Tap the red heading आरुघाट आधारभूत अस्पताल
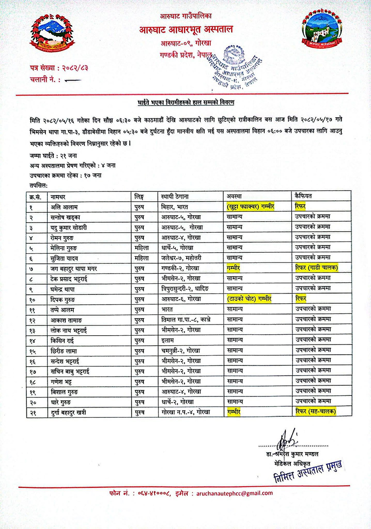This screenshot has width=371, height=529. click(186, 30)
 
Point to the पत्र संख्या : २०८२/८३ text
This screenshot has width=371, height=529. click(58, 68)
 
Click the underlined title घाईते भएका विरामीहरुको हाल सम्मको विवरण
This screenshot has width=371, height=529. click(185, 101)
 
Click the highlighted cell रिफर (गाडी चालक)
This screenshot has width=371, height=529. click(316, 267)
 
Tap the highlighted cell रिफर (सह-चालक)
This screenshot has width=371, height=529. click(315, 411)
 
